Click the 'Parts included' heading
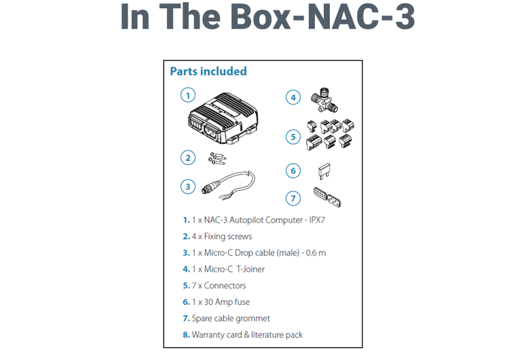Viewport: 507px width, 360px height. coord(208,71)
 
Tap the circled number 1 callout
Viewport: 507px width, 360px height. coord(188,94)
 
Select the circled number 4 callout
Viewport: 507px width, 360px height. coord(293,97)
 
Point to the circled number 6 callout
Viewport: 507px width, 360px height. coord(293,170)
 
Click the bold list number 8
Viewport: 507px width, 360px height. coord(186,334)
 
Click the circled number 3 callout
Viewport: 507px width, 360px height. coord(188,185)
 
